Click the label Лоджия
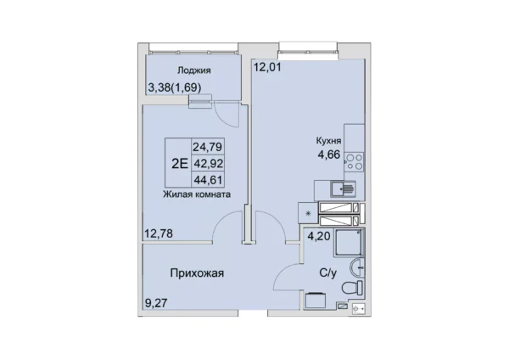pos(194,71)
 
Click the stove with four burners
pos(355,161)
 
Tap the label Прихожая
pos(196,273)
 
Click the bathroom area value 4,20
pos(318,239)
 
